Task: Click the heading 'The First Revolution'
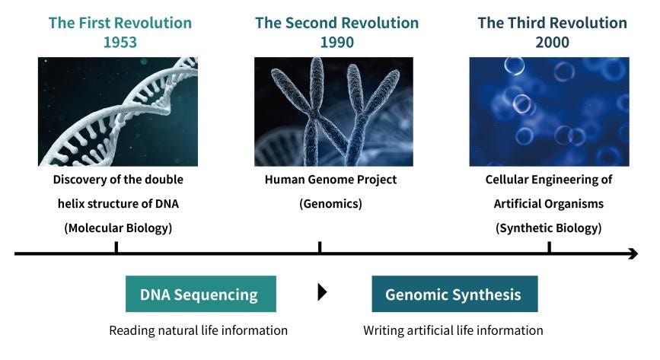[120, 22]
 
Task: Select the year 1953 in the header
[120, 42]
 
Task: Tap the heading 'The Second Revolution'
[336, 22]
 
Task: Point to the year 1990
[336, 42]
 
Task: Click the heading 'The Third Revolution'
[552, 22]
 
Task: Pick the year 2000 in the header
[552, 42]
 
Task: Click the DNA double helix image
[118, 111]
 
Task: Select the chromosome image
[333, 111]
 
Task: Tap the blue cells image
[549, 111]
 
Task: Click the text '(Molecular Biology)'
[118, 228]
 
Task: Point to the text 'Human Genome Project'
[330, 180]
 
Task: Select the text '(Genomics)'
[330, 204]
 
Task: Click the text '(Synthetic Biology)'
[548, 228]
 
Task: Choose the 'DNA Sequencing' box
[200, 295]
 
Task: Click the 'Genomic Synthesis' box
[454, 295]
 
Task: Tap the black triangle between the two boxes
[322, 292]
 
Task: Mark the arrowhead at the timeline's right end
[633, 253]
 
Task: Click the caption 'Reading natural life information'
[198, 330]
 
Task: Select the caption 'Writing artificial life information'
[453, 330]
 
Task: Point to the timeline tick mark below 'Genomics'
[320, 247]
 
